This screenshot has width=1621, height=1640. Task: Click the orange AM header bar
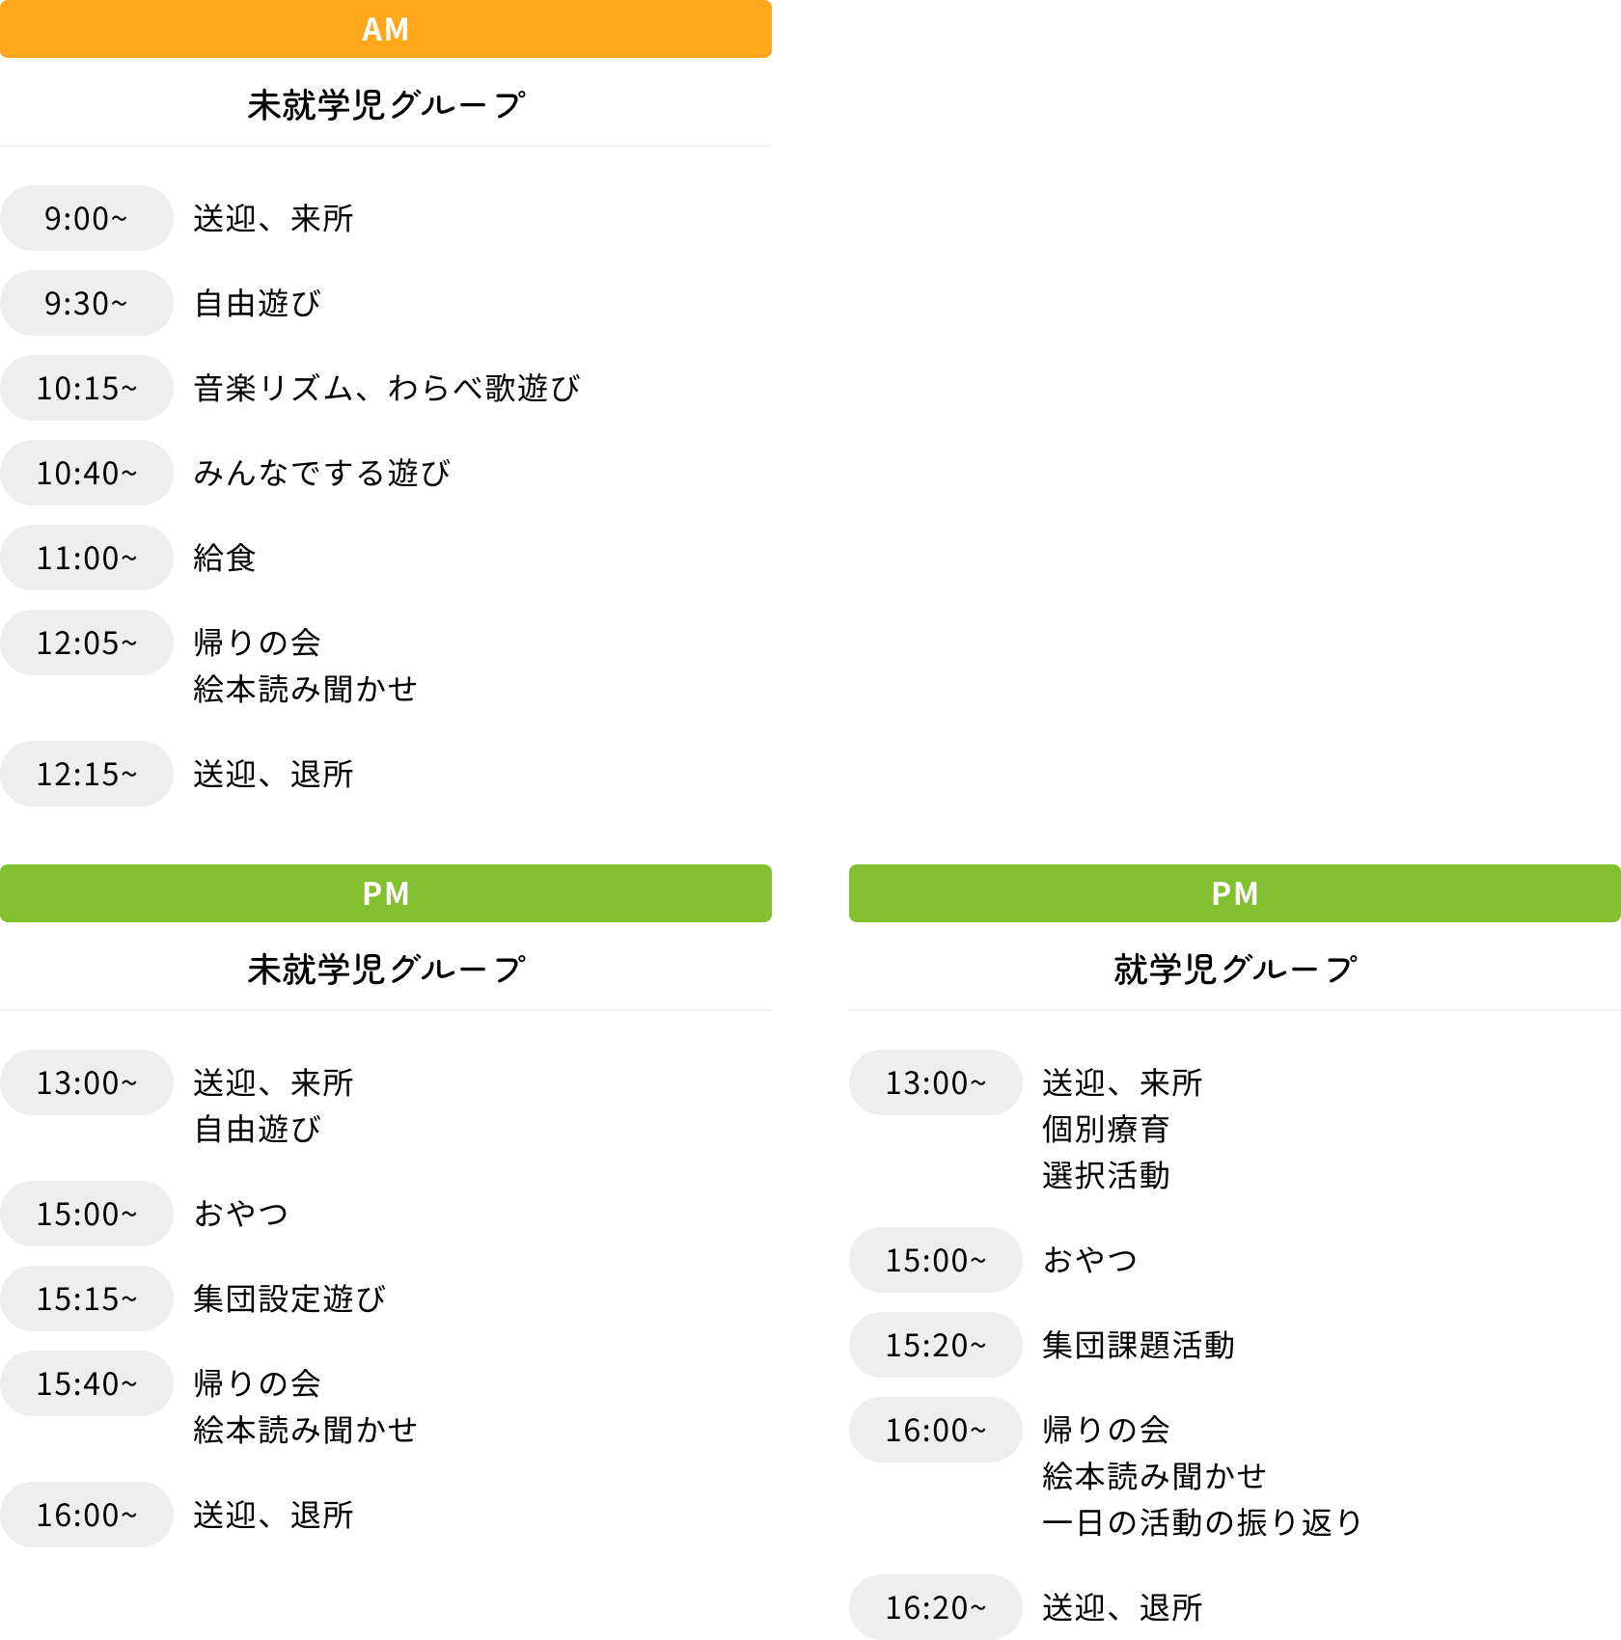[x=386, y=29]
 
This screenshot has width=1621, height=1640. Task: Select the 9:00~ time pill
[x=87, y=218]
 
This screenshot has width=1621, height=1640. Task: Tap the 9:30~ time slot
[x=87, y=303]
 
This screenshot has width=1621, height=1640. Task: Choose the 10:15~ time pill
[x=87, y=388]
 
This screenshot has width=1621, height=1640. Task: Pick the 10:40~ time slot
[x=87, y=473]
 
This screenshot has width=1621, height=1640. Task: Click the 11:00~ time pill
[x=87, y=558]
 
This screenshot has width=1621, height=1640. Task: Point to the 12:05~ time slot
[x=87, y=642]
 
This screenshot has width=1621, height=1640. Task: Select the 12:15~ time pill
[x=87, y=774]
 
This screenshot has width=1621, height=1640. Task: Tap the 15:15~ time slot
[x=87, y=1298]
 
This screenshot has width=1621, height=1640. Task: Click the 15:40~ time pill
[x=87, y=1383]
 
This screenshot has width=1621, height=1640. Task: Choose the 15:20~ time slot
[x=936, y=1345]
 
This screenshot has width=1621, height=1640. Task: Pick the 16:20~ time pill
[x=936, y=1607]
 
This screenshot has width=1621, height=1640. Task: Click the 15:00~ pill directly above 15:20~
[x=936, y=1260]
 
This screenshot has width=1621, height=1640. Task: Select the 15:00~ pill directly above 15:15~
[x=87, y=1214]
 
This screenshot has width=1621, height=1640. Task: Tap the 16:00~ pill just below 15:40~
[x=87, y=1515]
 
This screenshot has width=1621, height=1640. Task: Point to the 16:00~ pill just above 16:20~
[x=936, y=1430]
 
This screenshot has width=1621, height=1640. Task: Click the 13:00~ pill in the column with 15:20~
[x=936, y=1082]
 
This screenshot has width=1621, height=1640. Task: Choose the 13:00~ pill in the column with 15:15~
[x=87, y=1082]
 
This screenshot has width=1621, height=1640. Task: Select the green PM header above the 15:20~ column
[x=1235, y=893]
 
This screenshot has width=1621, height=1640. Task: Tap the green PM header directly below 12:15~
[x=386, y=893]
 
